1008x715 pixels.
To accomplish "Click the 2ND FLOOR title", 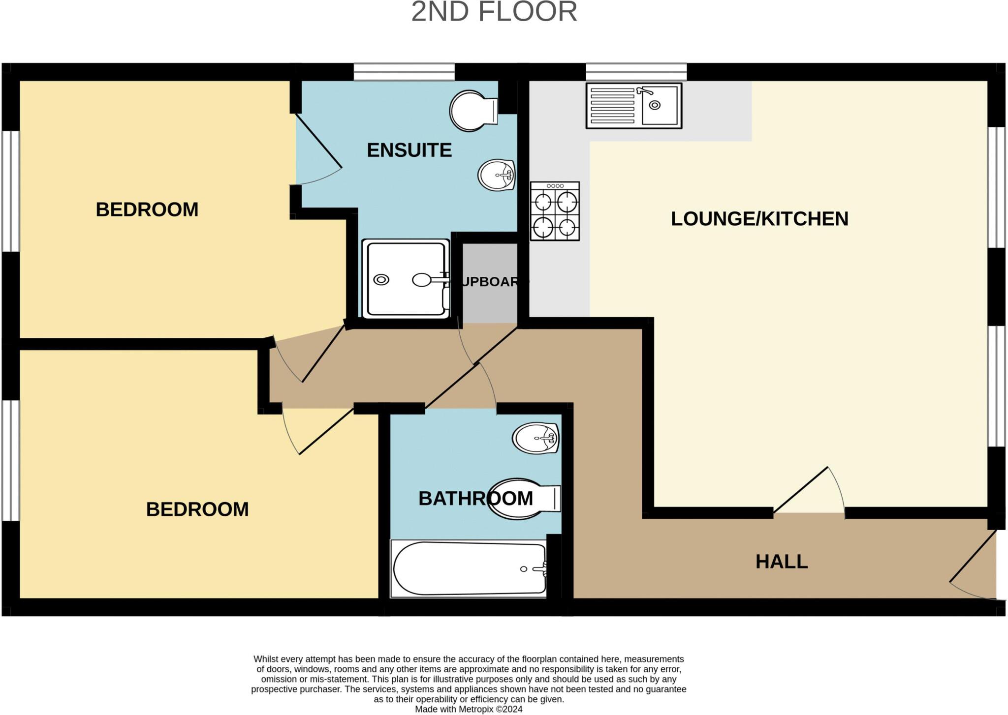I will pos(494,12).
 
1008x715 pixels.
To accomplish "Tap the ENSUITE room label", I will pos(409,150).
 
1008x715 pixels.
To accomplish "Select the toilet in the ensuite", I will pos(473,111).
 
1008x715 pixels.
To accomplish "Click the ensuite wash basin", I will pos(496,175).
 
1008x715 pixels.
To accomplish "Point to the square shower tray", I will pos(405,279).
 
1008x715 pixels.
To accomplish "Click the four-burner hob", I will pos(555,211).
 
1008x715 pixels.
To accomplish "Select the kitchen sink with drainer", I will pos(633,106).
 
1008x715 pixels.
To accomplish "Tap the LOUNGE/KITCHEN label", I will pos(759,219).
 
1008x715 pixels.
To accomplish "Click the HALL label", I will pos(781,562).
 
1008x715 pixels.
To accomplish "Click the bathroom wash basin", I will pos(535,438).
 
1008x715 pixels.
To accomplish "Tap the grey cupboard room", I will pos(489,283).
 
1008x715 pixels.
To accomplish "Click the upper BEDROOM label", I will pos(147,209).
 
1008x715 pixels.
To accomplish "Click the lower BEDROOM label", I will pos(197,509).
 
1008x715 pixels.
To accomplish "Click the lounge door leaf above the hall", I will pos(801,490).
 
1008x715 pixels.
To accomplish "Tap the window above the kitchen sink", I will pos(636,72).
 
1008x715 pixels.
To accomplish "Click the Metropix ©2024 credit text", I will pos(468,709).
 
